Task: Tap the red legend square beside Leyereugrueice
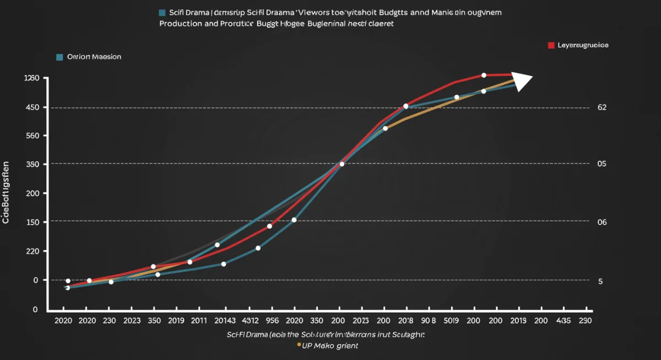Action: click(551, 45)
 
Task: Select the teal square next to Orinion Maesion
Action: click(59, 57)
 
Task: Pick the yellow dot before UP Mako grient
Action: click(299, 345)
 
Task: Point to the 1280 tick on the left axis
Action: click(32, 78)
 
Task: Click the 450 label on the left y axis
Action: click(32, 107)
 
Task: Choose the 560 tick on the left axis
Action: click(32, 136)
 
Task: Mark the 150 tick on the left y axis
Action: click(32, 222)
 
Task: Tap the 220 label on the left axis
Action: click(32, 251)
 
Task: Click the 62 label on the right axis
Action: click(602, 107)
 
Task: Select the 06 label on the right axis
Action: click(602, 222)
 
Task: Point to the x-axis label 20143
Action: click(225, 320)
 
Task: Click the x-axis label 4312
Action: click(251, 320)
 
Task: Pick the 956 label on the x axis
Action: click(272, 320)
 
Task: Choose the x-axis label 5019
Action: click(452, 320)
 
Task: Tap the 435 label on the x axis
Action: click(564, 320)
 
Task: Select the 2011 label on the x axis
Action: click(199, 320)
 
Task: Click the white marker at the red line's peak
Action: click(484, 75)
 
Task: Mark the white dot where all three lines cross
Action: click(342, 164)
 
